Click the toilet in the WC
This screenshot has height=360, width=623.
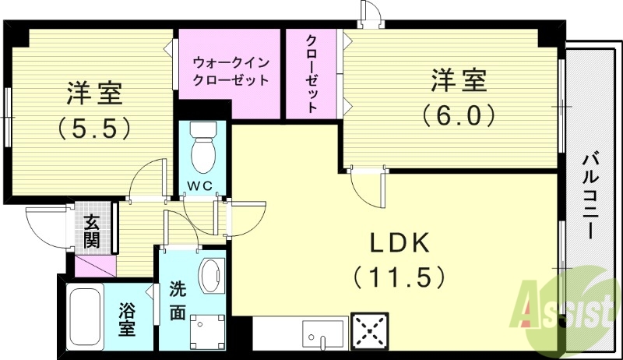tap(203, 147)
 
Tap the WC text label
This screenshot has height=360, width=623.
tap(204, 186)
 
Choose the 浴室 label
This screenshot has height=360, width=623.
tap(127, 319)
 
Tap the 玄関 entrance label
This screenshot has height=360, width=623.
tap(92, 229)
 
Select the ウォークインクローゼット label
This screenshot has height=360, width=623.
tap(230, 69)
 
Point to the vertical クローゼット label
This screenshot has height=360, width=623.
tap(311, 74)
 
